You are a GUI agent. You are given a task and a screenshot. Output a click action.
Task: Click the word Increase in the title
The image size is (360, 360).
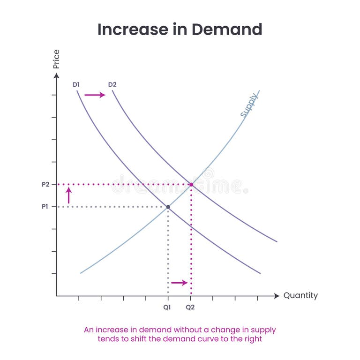pyautogui.click(x=129, y=30)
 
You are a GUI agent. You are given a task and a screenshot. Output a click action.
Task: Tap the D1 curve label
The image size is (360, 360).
pyautogui.click(x=76, y=85)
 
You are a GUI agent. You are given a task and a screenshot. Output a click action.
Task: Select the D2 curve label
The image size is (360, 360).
pyautogui.click(x=112, y=85)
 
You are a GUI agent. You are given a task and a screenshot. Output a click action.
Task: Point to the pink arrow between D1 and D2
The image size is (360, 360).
pyautogui.click(x=95, y=95)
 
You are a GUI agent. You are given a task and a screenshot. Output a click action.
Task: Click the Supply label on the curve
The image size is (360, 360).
pyautogui.click(x=249, y=105)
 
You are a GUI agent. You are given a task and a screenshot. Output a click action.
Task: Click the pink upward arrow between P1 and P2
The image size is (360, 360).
pyautogui.click(x=68, y=195)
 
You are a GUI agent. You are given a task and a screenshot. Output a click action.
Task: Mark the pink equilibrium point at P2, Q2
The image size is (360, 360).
pyautogui.click(x=191, y=185)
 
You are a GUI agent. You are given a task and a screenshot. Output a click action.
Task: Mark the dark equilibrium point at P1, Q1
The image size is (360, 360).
pyautogui.click(x=168, y=207)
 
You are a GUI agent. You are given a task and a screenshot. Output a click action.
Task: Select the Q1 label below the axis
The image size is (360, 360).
pyautogui.click(x=167, y=308)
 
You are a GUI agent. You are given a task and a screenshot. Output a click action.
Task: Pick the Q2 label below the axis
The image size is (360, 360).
pyautogui.click(x=190, y=308)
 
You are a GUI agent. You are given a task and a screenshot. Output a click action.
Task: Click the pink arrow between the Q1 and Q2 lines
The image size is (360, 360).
pyautogui.click(x=180, y=282)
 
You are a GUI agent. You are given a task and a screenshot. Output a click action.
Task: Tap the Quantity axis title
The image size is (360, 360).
pyautogui.click(x=300, y=296)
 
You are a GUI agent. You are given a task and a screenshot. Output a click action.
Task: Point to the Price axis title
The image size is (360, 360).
pyautogui.click(x=57, y=59)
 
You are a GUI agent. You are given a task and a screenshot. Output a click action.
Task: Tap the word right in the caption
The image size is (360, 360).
pyautogui.click(x=254, y=339)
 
